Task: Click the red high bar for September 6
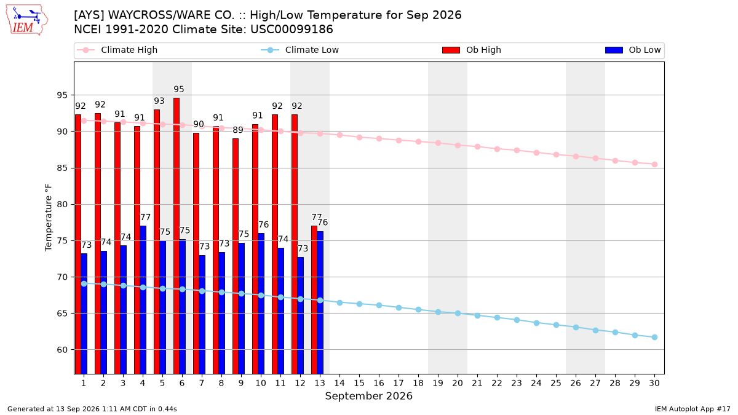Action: (x=177, y=236)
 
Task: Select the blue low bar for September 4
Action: (x=143, y=300)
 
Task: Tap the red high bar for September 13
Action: (x=314, y=300)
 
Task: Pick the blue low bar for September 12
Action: (x=301, y=315)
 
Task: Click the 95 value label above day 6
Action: (x=179, y=89)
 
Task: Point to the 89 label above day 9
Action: (x=238, y=130)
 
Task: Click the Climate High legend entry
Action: (x=117, y=50)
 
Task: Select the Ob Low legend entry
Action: (x=633, y=50)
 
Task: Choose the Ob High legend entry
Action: (x=472, y=50)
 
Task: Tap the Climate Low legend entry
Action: (x=300, y=50)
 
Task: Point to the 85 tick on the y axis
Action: (x=62, y=168)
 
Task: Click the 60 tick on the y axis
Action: (x=62, y=350)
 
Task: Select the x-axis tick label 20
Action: (x=458, y=383)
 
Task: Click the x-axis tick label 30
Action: (x=654, y=383)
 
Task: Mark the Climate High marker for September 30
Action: (x=654, y=164)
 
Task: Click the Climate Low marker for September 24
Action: (x=536, y=323)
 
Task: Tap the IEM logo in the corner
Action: (x=26, y=20)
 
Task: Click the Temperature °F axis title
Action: (x=49, y=218)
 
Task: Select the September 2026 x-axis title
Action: (x=368, y=396)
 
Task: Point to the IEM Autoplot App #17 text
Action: (x=692, y=409)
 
